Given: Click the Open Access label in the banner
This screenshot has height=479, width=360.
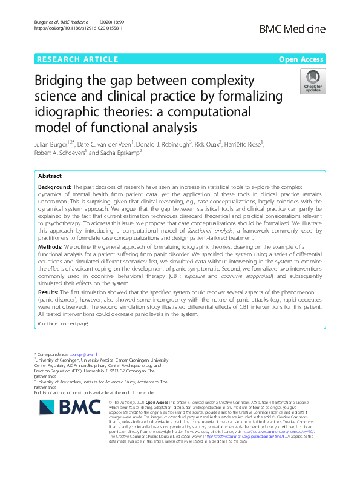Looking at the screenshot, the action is click(x=300, y=59).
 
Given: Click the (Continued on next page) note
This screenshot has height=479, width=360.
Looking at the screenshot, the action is click(x=63, y=324).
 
